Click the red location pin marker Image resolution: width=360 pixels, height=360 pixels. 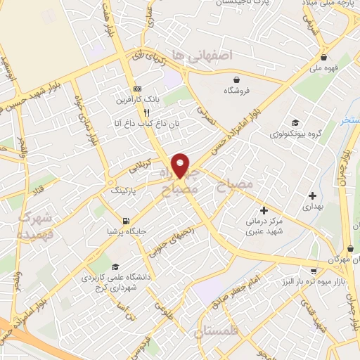click(181, 165)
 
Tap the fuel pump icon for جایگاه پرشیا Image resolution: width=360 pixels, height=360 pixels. click(126, 219)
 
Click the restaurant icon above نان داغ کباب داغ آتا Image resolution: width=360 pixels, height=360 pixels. click(146, 112)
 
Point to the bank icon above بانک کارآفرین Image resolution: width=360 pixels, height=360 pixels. click(137, 89)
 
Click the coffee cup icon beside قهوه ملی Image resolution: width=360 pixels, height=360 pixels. click(323, 58)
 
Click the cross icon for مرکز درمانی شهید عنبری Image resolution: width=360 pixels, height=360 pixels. click(264, 210)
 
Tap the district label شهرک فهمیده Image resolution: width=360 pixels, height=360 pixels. click(34, 225)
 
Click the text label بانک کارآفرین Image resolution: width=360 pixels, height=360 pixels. click(139, 101)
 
